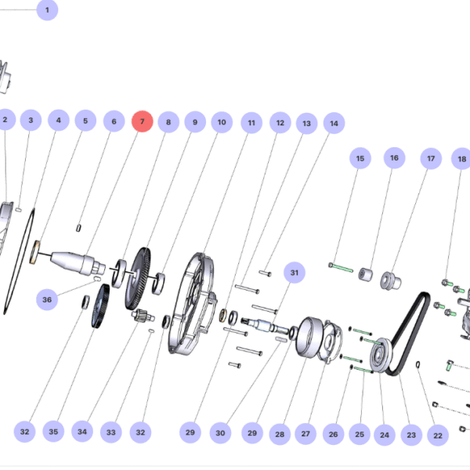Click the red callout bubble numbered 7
pyautogui.click(x=143, y=121)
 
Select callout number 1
pyautogui.click(x=47, y=10)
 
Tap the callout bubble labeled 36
pyautogui.click(x=47, y=299)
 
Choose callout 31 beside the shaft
pyautogui.click(x=295, y=273)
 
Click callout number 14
pyautogui.click(x=334, y=123)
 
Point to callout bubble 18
pyautogui.click(x=461, y=158)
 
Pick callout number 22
pyautogui.click(x=438, y=436)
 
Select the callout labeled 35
pyautogui.click(x=53, y=432)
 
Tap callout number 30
pyautogui.click(x=220, y=433)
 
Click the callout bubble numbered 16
pyautogui.click(x=395, y=158)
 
